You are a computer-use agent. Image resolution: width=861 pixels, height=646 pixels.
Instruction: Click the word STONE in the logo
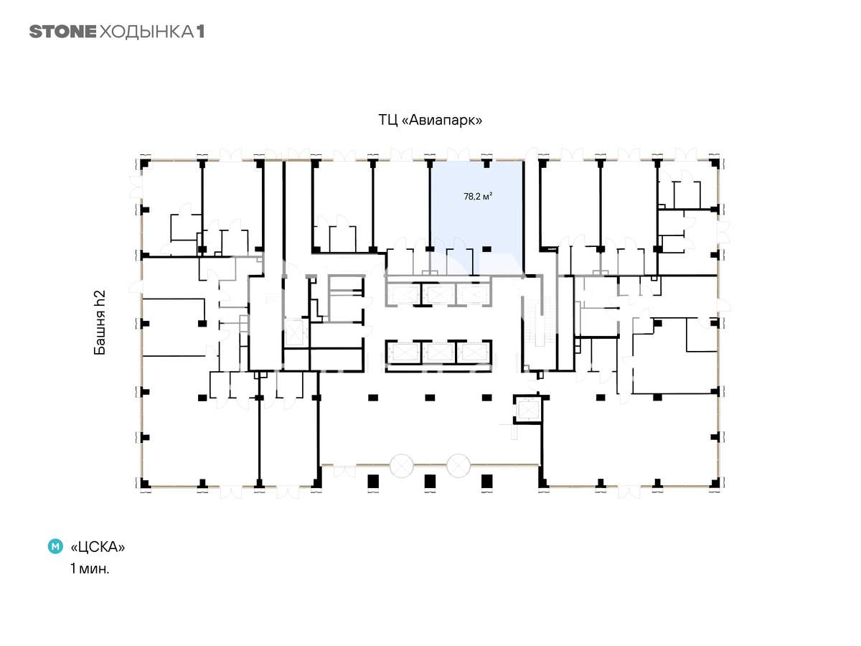click(x=62, y=32)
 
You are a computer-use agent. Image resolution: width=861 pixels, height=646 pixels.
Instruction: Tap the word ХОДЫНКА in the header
click(x=146, y=32)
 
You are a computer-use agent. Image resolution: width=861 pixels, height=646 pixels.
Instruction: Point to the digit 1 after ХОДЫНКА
click(x=200, y=32)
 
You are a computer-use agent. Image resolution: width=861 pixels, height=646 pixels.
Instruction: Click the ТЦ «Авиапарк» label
click(x=430, y=120)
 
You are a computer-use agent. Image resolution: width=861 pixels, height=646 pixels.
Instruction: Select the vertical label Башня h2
click(x=100, y=322)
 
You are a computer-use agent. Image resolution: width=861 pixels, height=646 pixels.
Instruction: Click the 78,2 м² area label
click(x=478, y=196)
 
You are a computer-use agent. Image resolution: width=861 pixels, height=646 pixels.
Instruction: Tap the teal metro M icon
click(x=55, y=546)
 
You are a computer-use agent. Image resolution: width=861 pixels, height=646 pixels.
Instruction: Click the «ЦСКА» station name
click(x=98, y=546)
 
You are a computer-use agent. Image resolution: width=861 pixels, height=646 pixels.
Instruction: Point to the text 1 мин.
click(x=90, y=568)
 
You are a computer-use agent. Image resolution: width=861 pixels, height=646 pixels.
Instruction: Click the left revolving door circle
click(x=401, y=466)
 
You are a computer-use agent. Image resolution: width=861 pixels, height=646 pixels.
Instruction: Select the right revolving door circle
click(x=458, y=466)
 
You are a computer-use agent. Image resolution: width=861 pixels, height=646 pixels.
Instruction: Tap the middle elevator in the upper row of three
click(x=438, y=294)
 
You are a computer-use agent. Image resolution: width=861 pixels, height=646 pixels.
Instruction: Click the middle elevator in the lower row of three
click(x=438, y=352)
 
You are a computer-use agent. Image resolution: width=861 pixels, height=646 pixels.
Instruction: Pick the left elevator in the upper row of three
click(x=404, y=294)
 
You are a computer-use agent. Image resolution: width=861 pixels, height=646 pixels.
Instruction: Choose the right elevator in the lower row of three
click(x=473, y=352)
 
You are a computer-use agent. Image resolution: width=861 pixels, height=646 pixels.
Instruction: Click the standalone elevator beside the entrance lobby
click(x=527, y=410)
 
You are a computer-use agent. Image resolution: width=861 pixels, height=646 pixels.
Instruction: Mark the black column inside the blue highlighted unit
click(x=486, y=248)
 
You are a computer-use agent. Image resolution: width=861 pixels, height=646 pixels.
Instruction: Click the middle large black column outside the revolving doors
click(x=430, y=481)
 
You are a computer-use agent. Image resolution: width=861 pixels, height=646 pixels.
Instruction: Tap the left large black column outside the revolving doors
click(x=373, y=481)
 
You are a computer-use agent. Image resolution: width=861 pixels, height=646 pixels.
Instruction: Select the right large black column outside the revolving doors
click(x=486, y=481)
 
